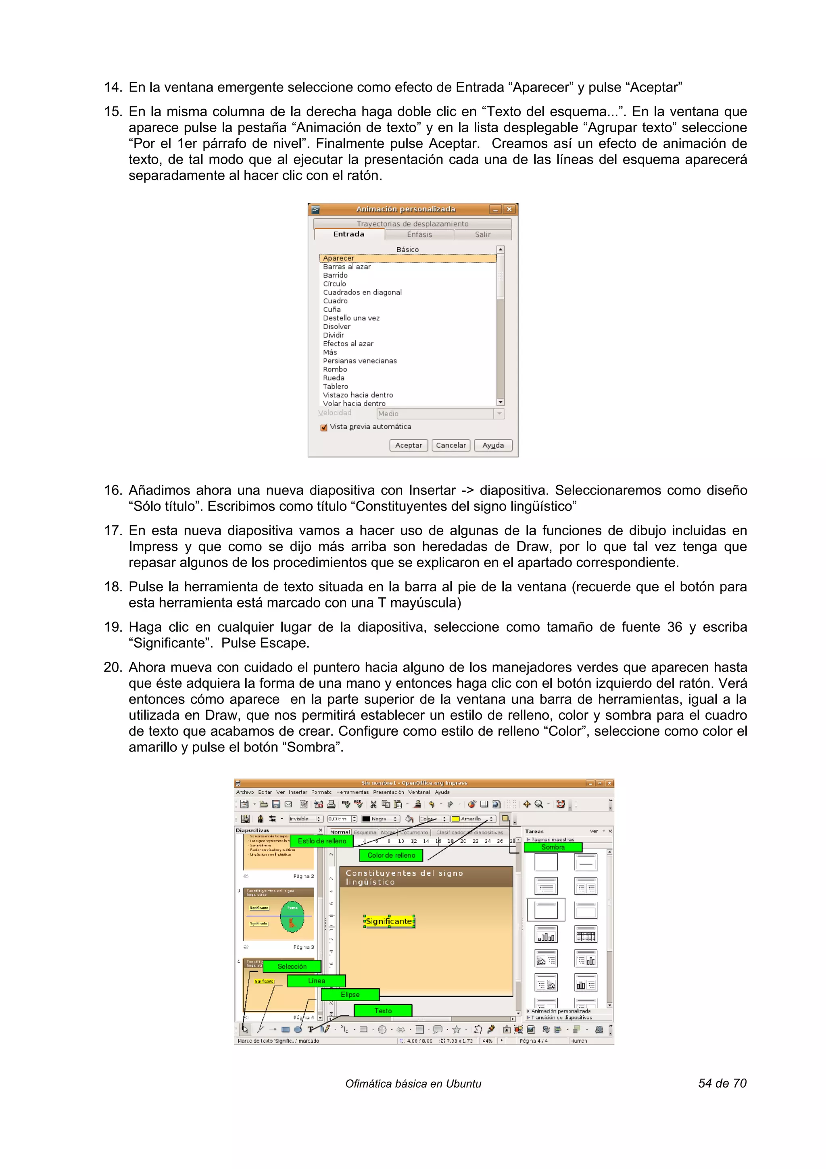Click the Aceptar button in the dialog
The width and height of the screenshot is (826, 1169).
click(x=409, y=445)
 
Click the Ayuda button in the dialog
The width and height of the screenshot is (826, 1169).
click(x=492, y=445)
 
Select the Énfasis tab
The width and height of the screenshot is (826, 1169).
click(x=419, y=235)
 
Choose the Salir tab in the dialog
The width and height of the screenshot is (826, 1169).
click(x=482, y=235)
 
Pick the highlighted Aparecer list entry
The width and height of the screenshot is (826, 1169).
click(x=407, y=258)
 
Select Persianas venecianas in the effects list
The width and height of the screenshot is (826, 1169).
click(x=359, y=361)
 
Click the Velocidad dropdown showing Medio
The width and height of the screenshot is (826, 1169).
click(x=440, y=413)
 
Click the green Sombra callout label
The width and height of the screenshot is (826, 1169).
click(x=553, y=847)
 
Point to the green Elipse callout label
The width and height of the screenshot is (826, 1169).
click(x=350, y=994)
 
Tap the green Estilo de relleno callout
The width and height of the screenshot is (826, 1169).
click(x=321, y=841)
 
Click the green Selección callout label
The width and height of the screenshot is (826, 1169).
click(x=292, y=967)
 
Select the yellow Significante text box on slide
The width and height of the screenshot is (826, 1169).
click(x=389, y=922)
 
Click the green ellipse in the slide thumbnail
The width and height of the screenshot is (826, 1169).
click(x=292, y=917)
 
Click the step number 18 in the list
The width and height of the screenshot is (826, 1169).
click(x=113, y=587)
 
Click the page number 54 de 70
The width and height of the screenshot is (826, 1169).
click(x=722, y=1083)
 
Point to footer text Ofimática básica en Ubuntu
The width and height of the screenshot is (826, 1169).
click(x=413, y=1084)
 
